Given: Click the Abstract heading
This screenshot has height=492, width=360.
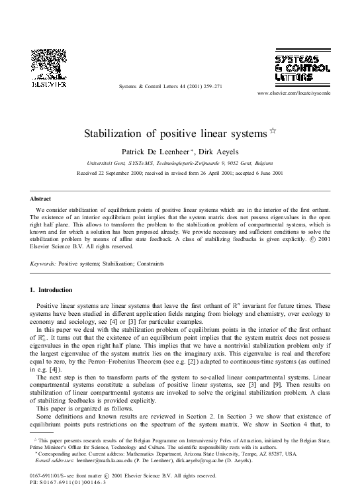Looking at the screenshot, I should (42, 198).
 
